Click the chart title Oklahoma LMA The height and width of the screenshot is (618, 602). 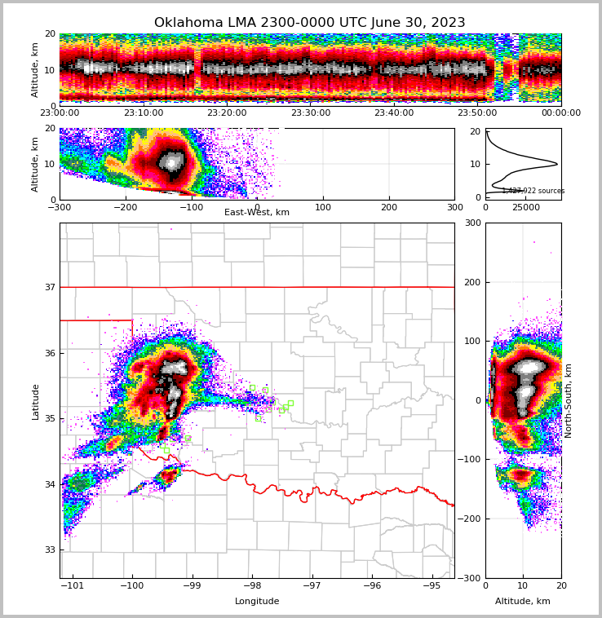(x=309, y=23)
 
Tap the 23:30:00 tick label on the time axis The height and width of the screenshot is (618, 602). (x=311, y=113)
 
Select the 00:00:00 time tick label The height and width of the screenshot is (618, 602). (x=561, y=113)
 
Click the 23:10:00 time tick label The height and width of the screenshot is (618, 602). (x=144, y=113)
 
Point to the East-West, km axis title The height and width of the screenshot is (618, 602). (x=257, y=213)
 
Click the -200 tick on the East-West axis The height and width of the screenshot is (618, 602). (x=125, y=207)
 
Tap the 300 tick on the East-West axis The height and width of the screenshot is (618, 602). (x=454, y=207)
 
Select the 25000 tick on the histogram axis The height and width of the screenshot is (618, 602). (x=526, y=207)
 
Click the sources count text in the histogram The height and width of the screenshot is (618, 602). (x=533, y=191)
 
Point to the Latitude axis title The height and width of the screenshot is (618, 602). (x=36, y=401)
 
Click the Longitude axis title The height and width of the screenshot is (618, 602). (x=257, y=602)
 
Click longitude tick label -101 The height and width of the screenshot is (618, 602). (x=73, y=586)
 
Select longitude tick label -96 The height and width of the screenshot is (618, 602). (x=372, y=586)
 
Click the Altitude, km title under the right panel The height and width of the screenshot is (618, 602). (x=523, y=602)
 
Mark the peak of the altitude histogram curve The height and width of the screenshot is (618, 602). (x=557, y=164)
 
